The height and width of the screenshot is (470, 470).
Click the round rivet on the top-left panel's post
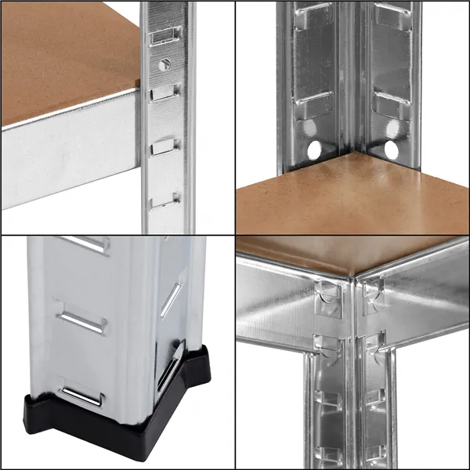pyautogui.click(x=164, y=65)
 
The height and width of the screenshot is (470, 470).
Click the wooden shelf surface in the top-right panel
pyautogui.click(x=352, y=196)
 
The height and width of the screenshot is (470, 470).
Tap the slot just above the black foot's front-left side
pyautogui.click(x=82, y=396)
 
